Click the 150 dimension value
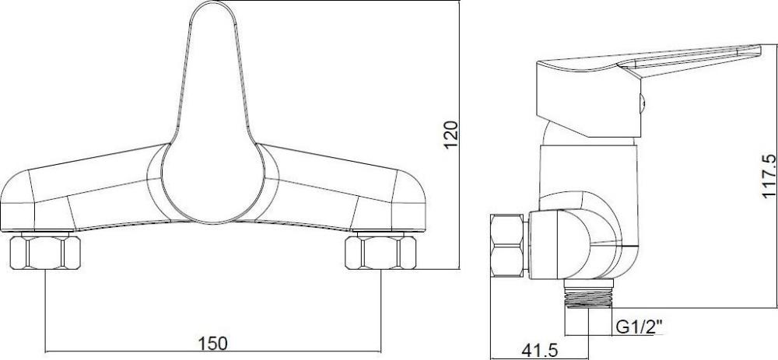pyautogui.click(x=213, y=342)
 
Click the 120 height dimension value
pyautogui.click(x=450, y=135)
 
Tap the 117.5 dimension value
pyautogui.click(x=768, y=176)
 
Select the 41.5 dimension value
pyautogui.click(x=539, y=351)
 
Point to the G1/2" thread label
pyautogui.click(x=639, y=327)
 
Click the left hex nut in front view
pyautogui.click(x=45, y=253)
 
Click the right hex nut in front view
pyautogui.click(x=380, y=253)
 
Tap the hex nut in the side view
pyautogui.click(x=506, y=246)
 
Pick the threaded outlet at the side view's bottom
pyautogui.click(x=589, y=294)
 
